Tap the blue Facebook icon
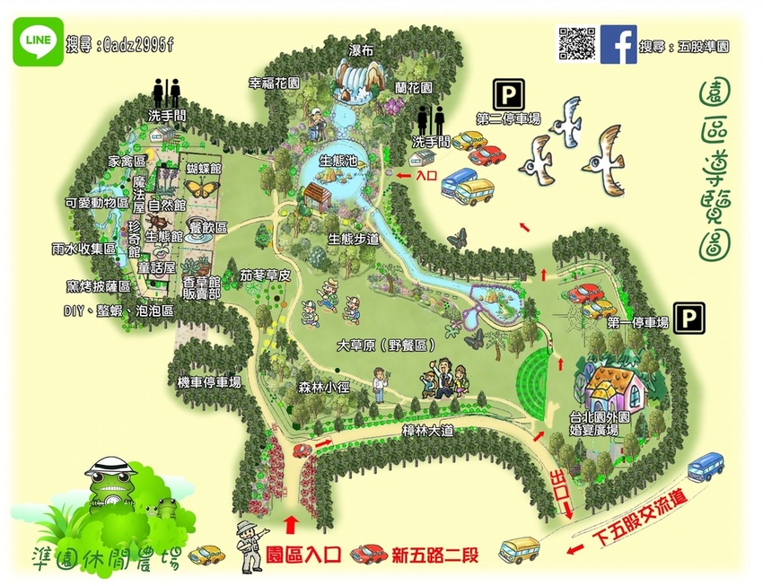click(620, 43)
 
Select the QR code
click(577, 44)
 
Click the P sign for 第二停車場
click(505, 94)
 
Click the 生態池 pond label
click(339, 162)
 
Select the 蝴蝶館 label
click(204, 168)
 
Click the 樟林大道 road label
click(427, 432)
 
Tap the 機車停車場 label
click(209, 382)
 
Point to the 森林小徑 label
click(322, 389)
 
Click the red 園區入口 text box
click(304, 555)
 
